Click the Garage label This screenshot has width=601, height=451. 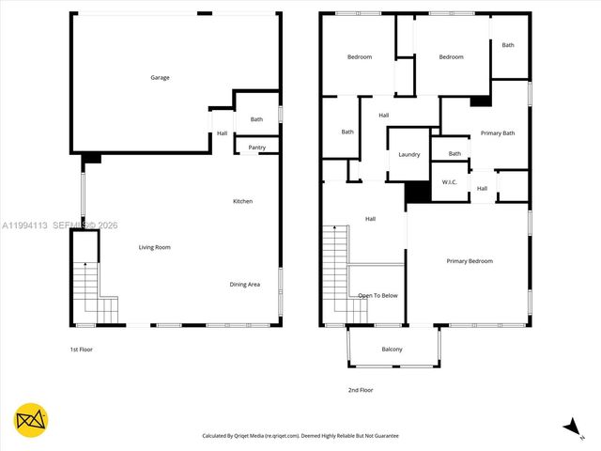[161, 77]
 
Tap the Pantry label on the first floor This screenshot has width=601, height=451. [256, 148]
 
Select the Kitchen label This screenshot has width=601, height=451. [242, 201]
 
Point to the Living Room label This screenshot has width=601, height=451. [155, 247]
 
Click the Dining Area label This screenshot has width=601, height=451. [245, 284]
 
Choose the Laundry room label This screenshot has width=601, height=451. [408, 154]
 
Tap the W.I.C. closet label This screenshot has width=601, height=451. [449, 181]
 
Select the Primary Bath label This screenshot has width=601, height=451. [497, 133]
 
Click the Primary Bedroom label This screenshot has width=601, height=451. [470, 261]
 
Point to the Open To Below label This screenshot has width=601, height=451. [378, 295]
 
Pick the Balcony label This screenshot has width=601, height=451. [392, 350]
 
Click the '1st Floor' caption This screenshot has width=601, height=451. [82, 350]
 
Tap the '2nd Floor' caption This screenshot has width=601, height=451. [361, 389]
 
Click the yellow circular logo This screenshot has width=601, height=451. [31, 419]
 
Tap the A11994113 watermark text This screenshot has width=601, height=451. [23, 225]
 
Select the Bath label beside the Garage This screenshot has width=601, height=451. [256, 119]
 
